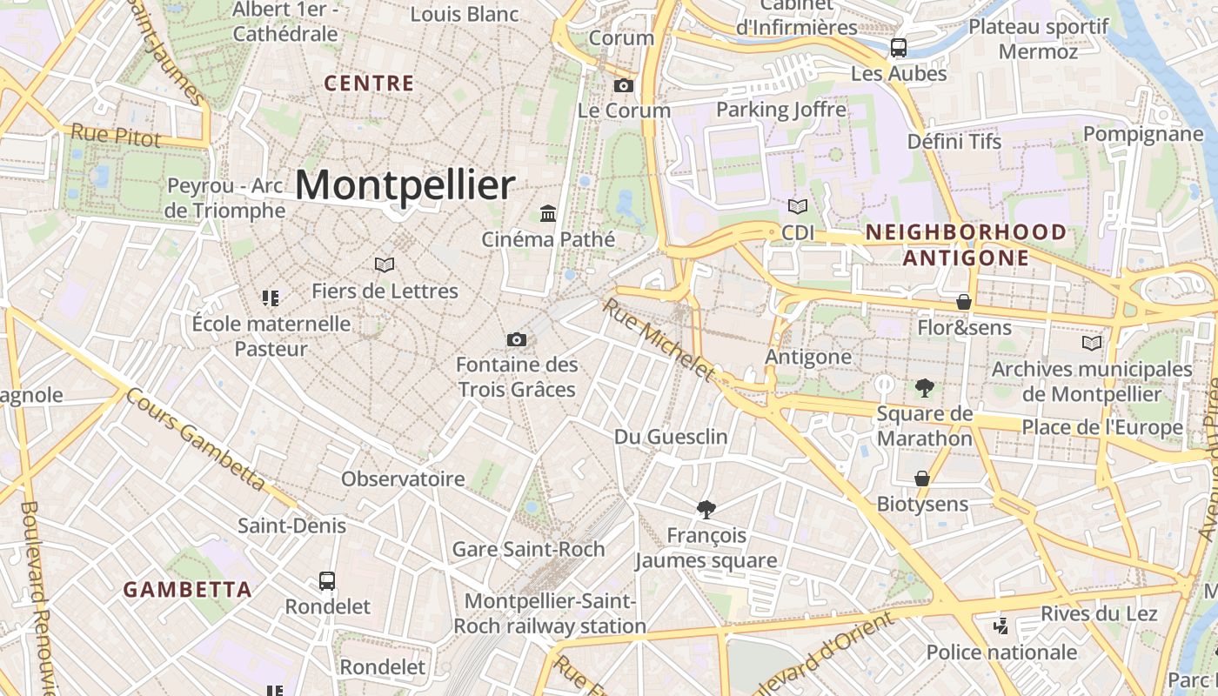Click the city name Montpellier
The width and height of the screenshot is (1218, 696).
[x=405, y=185]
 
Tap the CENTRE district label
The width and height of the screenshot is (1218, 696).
[x=369, y=84]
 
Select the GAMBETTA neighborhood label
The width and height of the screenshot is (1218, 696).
[x=187, y=590]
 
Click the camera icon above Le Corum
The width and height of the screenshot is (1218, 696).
[x=623, y=85]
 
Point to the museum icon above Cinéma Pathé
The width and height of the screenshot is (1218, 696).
[x=548, y=213]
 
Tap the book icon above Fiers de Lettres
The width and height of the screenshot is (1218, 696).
[x=385, y=264]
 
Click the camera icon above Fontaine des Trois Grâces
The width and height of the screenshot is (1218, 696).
[x=517, y=339]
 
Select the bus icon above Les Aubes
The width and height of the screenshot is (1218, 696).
[x=899, y=48]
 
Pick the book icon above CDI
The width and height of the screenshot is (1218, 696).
[x=797, y=207]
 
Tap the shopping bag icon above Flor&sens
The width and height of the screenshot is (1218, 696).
[x=964, y=302]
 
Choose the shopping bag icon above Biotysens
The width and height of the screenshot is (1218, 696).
[x=922, y=478]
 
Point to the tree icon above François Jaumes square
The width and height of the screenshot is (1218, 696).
[x=706, y=510]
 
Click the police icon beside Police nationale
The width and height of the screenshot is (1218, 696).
[x=1001, y=626]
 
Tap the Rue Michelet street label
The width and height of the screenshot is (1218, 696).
[x=659, y=340]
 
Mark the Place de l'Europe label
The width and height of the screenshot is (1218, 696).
[x=1102, y=427]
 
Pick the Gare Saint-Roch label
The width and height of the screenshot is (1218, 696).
[x=528, y=549]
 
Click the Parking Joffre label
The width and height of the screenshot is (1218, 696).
[x=780, y=110]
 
